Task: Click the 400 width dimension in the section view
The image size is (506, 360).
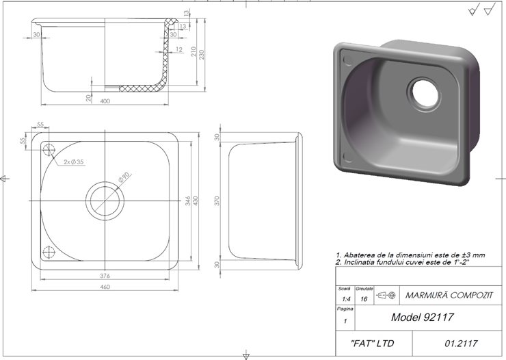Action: point(105,101)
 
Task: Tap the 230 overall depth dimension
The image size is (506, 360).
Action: point(202,53)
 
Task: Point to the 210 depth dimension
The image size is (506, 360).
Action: point(194,52)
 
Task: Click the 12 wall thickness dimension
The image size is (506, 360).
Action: point(178,50)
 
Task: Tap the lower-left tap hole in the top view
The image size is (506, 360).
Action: point(49,252)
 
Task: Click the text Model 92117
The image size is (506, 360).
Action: point(422,318)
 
